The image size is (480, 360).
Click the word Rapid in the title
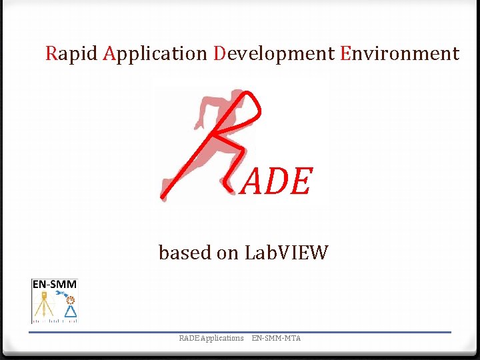coord(71,53)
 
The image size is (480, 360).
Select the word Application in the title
coord(156,53)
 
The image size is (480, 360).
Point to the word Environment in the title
coord(399,53)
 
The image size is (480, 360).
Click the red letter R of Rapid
coord(51,53)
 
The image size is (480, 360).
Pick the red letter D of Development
coord(221,53)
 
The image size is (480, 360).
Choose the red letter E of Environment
coord(345,53)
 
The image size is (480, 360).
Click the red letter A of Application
coord(111,53)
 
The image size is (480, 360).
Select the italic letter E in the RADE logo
coord(300,182)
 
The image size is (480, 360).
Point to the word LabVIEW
coord(287,253)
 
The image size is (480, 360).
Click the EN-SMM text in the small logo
coord(55,285)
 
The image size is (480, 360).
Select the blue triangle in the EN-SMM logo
coord(70,311)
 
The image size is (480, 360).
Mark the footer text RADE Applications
coord(211,338)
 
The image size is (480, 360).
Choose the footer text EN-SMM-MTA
coord(276,338)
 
